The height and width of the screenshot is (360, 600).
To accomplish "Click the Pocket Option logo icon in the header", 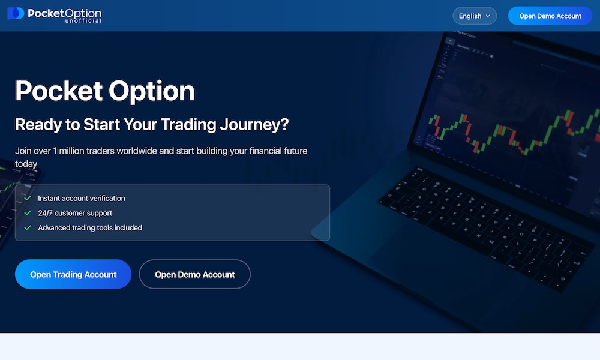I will click(16, 14).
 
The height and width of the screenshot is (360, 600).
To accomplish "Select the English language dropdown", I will click(474, 16).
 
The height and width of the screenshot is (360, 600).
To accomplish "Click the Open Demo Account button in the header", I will click(550, 16).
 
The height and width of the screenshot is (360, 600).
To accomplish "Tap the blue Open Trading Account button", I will click(73, 274).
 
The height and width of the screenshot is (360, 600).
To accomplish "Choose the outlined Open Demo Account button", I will click(194, 274).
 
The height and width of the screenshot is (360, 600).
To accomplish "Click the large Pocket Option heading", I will click(105, 91).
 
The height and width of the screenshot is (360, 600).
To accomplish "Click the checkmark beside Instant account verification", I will click(28, 198).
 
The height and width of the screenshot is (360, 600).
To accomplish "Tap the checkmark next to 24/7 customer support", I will click(28, 213).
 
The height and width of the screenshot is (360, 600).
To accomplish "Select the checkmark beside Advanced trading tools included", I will click(28, 228).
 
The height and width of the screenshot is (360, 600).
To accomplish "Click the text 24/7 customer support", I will click(75, 213).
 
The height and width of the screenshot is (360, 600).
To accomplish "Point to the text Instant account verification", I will click(82, 198).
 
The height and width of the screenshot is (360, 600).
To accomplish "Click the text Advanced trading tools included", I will click(90, 228).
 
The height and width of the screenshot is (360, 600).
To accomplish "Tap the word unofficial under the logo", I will click(83, 21).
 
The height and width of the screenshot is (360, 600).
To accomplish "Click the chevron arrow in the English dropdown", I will click(488, 16).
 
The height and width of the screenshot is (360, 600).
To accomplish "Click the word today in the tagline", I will click(26, 164).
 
